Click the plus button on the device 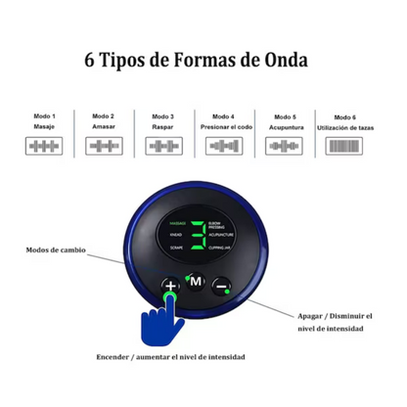click(171, 286)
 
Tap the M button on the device click(196, 283)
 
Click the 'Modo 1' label click(41, 115)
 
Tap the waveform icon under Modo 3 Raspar click(165, 147)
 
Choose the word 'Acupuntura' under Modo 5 click(285, 126)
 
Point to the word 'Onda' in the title click(283, 59)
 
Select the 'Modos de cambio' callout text click(56, 249)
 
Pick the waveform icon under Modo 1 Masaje click(41, 147)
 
